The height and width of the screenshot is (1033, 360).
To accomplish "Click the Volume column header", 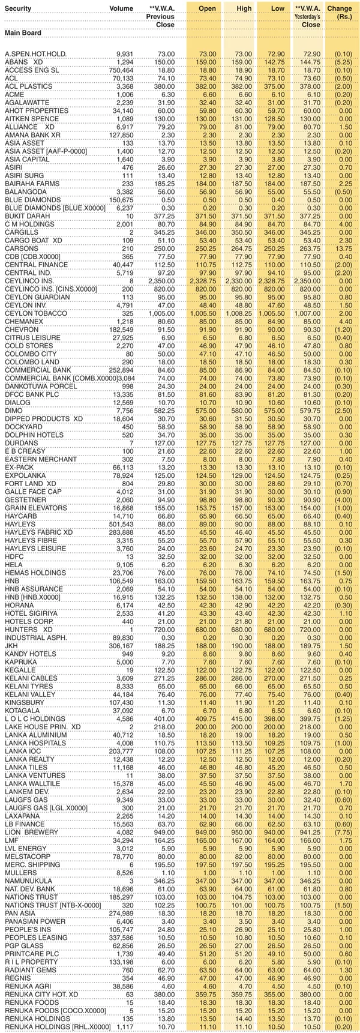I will (x=121, y=9).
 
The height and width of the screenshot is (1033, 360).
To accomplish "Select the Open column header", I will (x=207, y=9).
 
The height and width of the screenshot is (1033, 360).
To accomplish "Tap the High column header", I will (x=244, y=9).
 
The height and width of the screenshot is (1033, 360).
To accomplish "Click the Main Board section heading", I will (x=22, y=32).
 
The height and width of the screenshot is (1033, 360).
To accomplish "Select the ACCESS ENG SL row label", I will (x=31, y=70).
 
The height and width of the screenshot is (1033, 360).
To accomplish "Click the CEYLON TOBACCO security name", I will (x=36, y=314).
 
